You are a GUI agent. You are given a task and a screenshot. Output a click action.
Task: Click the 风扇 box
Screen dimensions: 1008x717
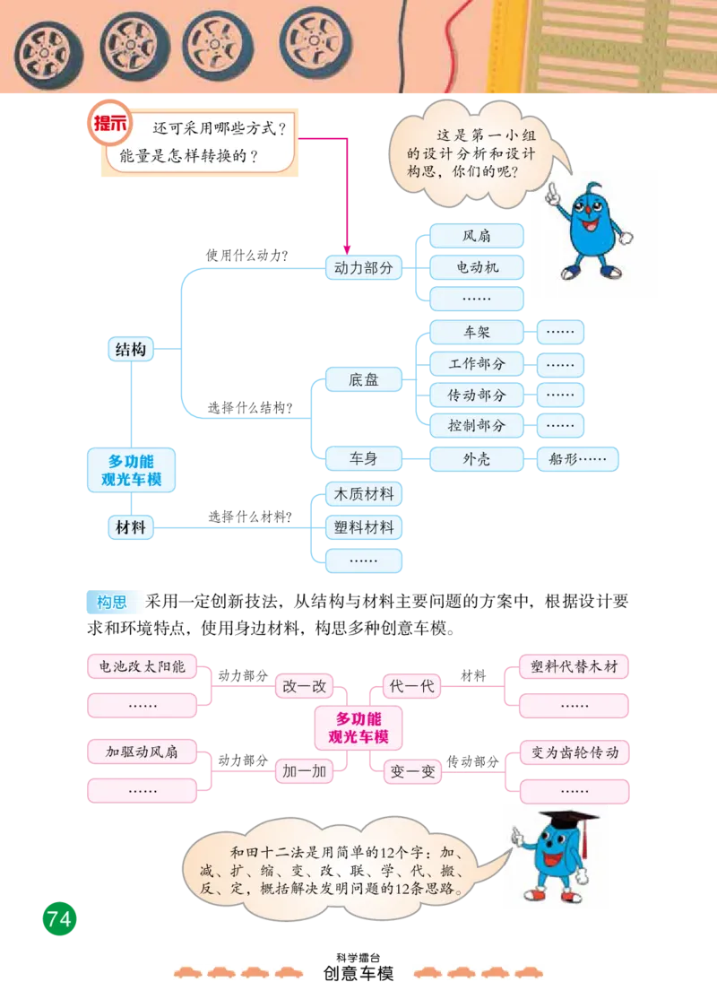(x=476, y=237)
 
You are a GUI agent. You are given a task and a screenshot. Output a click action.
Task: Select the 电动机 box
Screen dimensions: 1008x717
(x=476, y=267)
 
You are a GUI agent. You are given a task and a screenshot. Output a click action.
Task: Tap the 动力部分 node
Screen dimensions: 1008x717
(x=363, y=267)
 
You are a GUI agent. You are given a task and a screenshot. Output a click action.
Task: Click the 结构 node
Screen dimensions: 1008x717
(x=131, y=350)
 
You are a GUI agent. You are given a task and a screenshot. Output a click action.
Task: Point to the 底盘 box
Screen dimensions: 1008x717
(x=363, y=380)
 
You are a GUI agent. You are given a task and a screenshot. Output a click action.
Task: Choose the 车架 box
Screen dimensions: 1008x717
(x=476, y=333)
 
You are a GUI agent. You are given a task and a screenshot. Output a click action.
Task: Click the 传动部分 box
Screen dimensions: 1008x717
(x=476, y=395)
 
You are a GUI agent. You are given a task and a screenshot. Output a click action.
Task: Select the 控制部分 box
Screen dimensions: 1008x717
(x=476, y=426)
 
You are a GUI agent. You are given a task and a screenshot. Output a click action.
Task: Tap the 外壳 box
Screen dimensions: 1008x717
(x=476, y=459)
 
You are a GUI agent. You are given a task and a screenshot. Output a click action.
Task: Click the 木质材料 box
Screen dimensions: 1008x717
(x=364, y=495)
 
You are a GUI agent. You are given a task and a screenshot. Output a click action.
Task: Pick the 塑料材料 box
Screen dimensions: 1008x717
(x=364, y=527)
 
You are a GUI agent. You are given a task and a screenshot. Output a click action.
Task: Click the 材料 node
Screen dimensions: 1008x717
(x=131, y=528)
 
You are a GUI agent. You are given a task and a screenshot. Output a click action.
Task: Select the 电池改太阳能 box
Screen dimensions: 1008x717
(x=142, y=667)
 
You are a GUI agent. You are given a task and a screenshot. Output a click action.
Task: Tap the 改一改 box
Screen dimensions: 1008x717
(x=303, y=687)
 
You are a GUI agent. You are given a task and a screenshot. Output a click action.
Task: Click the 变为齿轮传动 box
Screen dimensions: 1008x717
(x=574, y=752)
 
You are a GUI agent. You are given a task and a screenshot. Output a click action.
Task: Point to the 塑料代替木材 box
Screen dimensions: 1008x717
(x=574, y=667)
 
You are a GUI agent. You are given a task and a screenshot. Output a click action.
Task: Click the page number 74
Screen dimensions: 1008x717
(x=59, y=919)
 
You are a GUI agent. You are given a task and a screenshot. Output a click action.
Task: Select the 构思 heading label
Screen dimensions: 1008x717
(x=112, y=603)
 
